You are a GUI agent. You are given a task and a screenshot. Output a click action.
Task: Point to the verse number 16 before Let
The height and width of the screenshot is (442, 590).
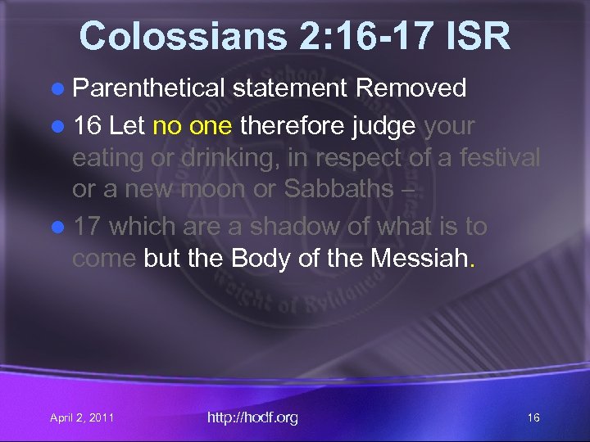[x=86, y=126]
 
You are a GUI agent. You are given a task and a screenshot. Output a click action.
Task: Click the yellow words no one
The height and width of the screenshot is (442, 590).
[x=188, y=126]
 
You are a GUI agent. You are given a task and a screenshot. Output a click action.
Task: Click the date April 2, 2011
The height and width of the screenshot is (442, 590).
[x=82, y=418]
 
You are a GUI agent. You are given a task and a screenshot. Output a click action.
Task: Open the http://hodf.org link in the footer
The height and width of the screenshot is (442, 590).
[x=252, y=418]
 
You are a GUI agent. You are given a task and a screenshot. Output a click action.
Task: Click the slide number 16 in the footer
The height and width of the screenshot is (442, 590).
[x=533, y=418]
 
